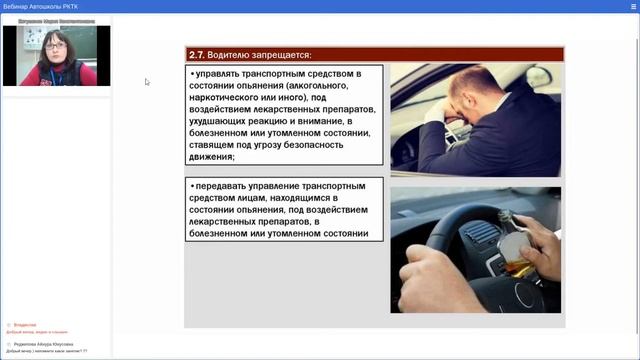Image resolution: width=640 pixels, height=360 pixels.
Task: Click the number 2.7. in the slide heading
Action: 197,54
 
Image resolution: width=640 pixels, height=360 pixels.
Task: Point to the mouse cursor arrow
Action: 146,82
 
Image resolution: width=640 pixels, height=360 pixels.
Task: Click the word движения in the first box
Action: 211,157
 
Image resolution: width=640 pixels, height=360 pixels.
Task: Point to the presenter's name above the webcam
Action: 56,19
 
